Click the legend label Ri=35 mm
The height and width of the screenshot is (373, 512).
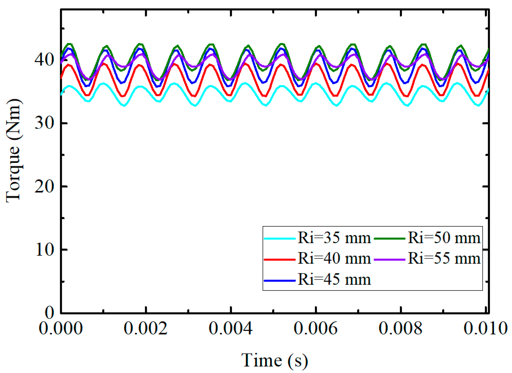(334, 238)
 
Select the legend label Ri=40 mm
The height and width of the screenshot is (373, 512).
(334, 259)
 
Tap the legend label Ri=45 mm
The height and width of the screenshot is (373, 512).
(334, 280)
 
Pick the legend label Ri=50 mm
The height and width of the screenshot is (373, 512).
(444, 238)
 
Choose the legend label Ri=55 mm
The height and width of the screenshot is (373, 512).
(444, 259)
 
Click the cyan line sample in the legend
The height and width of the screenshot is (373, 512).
(279, 239)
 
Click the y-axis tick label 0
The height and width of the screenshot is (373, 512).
(49, 313)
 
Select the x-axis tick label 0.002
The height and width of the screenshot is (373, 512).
(146, 328)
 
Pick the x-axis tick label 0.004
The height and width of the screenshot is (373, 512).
(231, 328)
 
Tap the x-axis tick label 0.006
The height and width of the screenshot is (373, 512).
(316, 328)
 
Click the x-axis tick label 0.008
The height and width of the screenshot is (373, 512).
(401, 328)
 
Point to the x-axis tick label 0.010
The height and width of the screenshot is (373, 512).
(485, 328)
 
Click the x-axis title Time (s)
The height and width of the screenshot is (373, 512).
(275, 360)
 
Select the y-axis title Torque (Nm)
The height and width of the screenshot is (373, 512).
(14, 151)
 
